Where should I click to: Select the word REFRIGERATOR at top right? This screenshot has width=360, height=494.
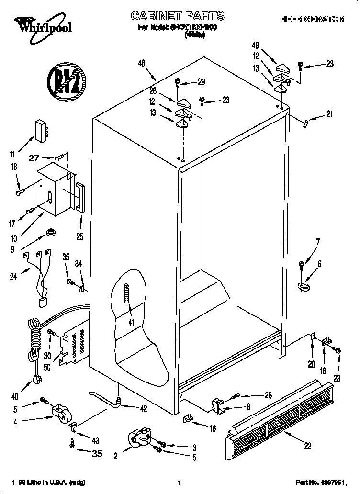[312, 19]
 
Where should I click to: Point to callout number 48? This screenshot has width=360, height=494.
[141, 63]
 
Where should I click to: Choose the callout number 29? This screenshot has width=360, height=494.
[201, 82]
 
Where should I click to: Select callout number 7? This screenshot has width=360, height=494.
[317, 242]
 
